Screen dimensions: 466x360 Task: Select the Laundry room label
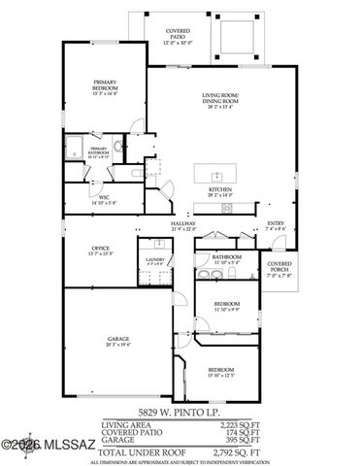(152, 260)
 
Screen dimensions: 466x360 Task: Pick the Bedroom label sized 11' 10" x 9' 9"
(230, 307)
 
